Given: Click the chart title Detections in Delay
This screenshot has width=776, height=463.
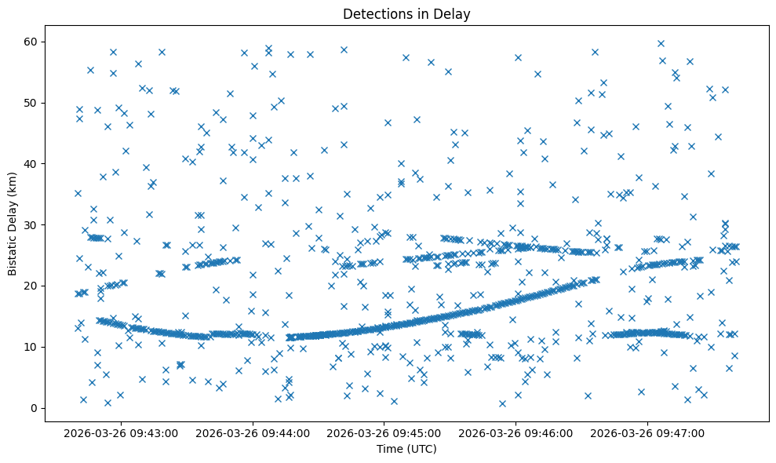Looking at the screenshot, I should click(x=406, y=14).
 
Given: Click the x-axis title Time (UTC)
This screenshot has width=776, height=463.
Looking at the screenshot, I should click(x=406, y=450).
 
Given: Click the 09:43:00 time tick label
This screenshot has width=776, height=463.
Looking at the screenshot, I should click(x=122, y=432).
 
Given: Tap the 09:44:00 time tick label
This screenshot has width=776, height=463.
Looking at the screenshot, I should click(x=253, y=432).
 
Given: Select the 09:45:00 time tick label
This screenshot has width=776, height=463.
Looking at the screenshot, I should click(x=385, y=432).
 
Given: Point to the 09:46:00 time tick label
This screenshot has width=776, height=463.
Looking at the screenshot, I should click(x=516, y=432).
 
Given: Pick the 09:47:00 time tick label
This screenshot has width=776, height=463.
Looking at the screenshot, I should click(x=648, y=432).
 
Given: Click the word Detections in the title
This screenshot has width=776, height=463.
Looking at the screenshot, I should click(x=375, y=14).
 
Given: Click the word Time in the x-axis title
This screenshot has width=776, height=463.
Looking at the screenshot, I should click(x=389, y=450).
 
